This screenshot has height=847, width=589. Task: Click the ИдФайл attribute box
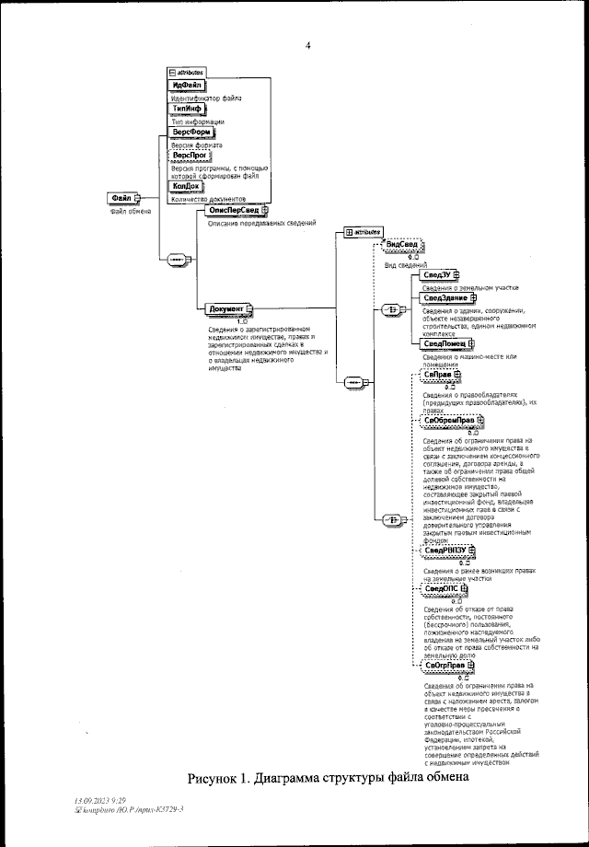[x=186, y=86]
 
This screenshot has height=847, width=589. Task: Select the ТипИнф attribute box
[x=187, y=110]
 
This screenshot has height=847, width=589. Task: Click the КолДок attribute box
[x=188, y=187]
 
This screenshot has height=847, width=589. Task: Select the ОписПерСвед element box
[x=231, y=211]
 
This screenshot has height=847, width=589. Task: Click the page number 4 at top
[x=307, y=41]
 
